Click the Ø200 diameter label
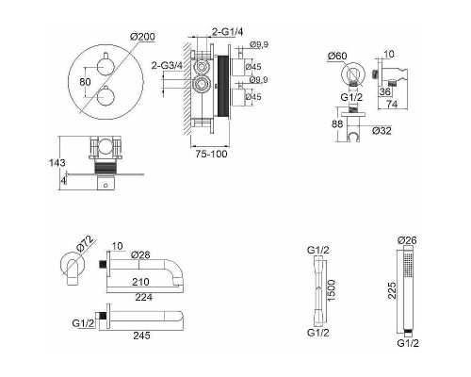[x=142, y=37]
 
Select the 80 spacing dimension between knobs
[x=85, y=82]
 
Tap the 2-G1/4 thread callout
[x=228, y=31]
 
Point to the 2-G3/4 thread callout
[x=167, y=66]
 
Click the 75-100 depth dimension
[x=211, y=154]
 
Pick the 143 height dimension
[x=57, y=163]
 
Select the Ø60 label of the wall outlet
[x=337, y=56]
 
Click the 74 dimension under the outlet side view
[x=392, y=104]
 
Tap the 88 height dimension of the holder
[x=337, y=123]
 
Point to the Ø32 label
[x=382, y=131]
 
